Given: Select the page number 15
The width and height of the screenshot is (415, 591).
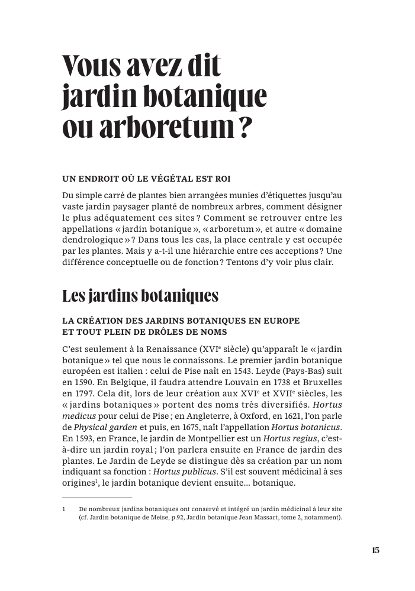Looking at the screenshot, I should [375, 550].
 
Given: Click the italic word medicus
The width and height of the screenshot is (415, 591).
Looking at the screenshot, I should [79, 416].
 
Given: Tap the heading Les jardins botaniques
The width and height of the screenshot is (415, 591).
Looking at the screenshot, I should [140, 296].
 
